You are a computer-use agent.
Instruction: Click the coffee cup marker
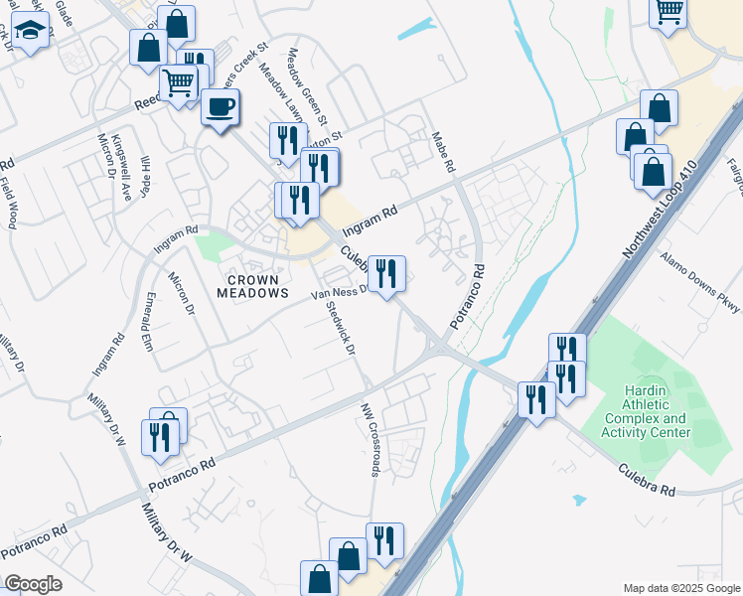click(221, 107)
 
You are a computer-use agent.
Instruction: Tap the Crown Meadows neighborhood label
click(253, 286)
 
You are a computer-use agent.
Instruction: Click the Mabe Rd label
click(443, 151)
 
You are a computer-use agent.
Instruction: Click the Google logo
click(33, 584)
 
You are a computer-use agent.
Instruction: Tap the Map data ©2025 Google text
click(680, 588)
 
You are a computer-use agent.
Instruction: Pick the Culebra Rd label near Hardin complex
click(646, 480)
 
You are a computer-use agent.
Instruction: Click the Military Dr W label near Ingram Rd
click(120, 423)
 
